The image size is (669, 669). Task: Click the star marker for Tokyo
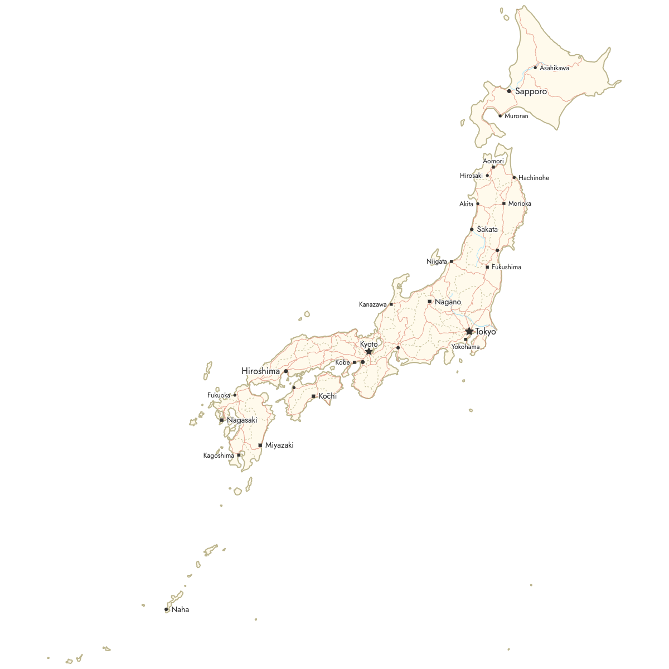469,331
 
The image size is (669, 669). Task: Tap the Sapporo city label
531,91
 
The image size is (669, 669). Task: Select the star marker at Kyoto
369,352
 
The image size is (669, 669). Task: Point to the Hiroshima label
260,371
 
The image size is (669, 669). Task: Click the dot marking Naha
166,609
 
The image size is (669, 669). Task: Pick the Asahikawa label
554,68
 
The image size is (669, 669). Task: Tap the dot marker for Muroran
500,116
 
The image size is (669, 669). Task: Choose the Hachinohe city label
534,178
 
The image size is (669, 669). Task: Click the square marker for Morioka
504,203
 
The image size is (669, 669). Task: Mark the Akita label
466,204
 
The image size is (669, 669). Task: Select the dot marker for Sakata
472,229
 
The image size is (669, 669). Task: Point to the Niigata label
437,261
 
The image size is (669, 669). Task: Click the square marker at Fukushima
487,267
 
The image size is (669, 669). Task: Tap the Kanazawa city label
372,304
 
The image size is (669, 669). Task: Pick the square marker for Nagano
429,302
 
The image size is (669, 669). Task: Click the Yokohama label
465,347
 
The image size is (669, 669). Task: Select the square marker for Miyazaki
260,445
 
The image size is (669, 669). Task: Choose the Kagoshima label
219,455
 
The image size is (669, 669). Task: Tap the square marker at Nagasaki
222,420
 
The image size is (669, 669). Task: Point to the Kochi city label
327,396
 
